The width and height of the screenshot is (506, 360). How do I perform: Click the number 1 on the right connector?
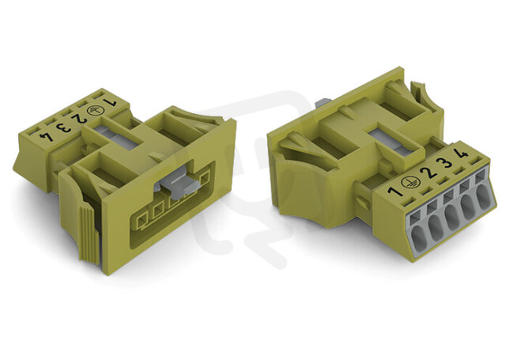[395, 191]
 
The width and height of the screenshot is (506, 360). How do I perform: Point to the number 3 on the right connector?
[446, 162]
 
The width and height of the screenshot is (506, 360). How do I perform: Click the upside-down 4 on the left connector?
[46, 136]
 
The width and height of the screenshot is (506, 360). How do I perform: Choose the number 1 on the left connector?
[109, 103]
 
